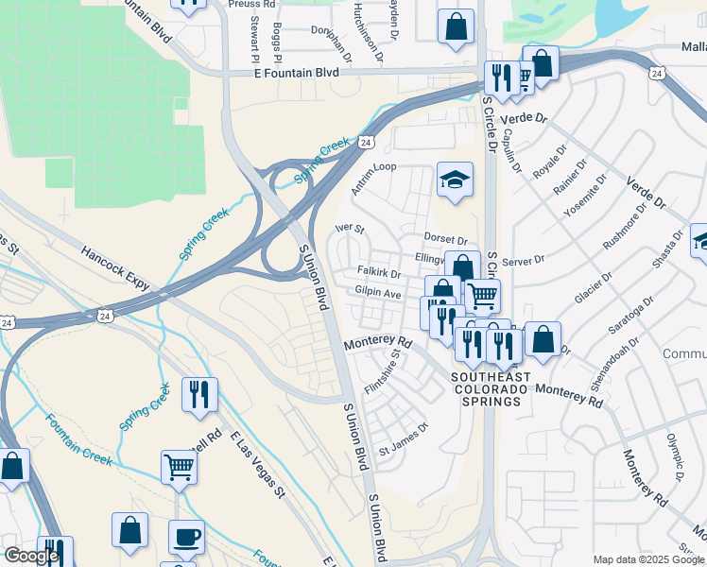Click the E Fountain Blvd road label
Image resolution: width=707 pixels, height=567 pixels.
pos(296,73)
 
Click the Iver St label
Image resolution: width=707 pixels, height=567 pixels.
pos(350,229)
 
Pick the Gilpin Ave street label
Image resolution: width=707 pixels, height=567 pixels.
pos(378,294)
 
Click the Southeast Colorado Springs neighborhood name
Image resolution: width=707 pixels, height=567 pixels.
pos(486,388)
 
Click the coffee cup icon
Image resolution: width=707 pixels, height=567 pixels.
pos(186,538)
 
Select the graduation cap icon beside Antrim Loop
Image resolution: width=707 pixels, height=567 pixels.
pos(455,180)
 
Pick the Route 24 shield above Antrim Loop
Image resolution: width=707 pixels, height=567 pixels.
pos(364,142)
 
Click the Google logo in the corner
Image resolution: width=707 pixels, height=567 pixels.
pos(31,556)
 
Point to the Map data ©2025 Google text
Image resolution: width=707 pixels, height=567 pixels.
pos(647,559)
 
